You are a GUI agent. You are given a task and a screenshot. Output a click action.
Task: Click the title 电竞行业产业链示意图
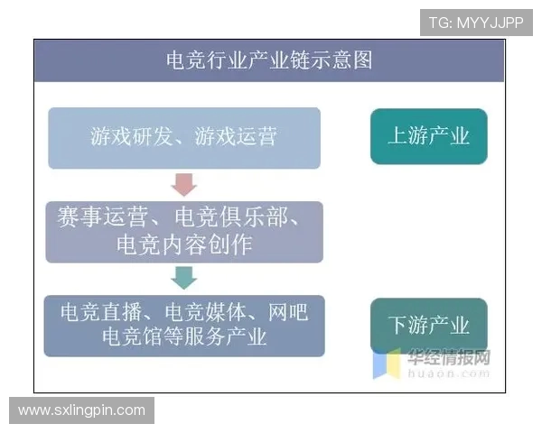click(x=269, y=60)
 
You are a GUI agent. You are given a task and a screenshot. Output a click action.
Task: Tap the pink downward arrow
click(x=184, y=185)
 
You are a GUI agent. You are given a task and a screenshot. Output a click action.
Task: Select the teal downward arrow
click(x=184, y=278)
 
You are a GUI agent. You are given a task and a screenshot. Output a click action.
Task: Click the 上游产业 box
click(x=428, y=136)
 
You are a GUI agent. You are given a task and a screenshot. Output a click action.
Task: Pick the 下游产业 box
click(x=428, y=325)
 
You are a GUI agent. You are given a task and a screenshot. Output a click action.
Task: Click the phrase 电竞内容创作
click(x=184, y=244)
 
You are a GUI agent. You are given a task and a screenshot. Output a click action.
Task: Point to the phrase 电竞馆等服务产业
click(x=184, y=337)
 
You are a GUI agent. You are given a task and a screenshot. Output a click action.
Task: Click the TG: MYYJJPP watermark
click(x=476, y=23)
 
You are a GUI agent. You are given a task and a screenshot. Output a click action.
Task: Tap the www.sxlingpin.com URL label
click(x=81, y=410)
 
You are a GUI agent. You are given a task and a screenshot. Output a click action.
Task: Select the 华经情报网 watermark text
click(x=448, y=357)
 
